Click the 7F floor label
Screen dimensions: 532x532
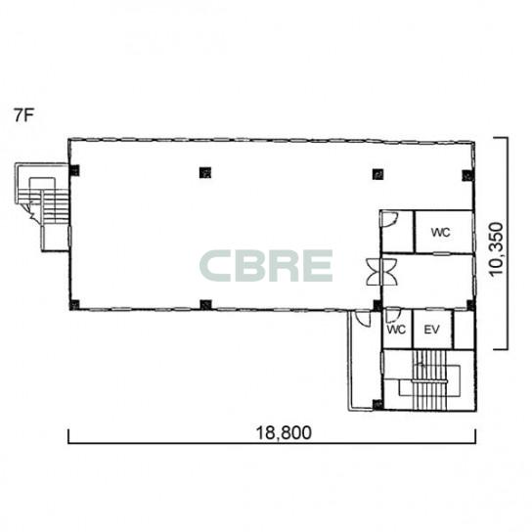click(x=23, y=115)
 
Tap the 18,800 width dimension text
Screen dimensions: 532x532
click(x=284, y=433)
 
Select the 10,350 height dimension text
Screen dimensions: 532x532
click(x=496, y=249)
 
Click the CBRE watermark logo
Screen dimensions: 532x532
click(x=266, y=266)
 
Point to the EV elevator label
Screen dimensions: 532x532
click(x=432, y=330)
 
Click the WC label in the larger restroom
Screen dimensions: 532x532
click(x=440, y=233)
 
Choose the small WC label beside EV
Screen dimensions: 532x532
click(x=396, y=330)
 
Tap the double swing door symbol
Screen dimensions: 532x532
click(x=381, y=272)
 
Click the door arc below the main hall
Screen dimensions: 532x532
click(x=363, y=319)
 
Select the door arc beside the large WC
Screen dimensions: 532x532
click(x=390, y=219)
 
